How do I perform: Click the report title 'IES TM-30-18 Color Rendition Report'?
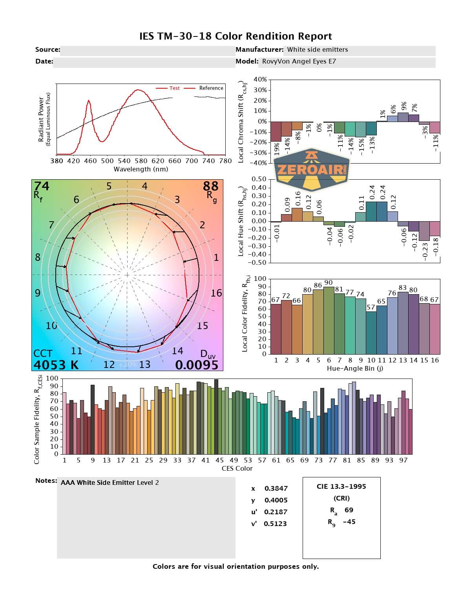coord(235,36)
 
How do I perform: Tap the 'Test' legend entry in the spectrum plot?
coord(174,88)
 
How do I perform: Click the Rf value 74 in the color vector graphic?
coord(42,186)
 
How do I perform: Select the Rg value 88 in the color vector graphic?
coord(210,186)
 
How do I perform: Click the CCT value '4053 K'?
coord(56,365)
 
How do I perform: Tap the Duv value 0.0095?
coord(197,365)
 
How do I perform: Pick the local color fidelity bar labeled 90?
coord(329,320)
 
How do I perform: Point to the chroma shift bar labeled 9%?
coord(403,117)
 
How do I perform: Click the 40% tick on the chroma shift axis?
coord(260,80)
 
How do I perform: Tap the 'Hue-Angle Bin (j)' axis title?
coord(355,369)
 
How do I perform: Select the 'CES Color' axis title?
coord(237,468)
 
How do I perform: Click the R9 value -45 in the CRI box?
coord(349,522)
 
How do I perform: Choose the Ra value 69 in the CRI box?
coord(349,510)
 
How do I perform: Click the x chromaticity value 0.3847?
coord(276,488)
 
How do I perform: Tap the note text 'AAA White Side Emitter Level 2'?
coord(110,483)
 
